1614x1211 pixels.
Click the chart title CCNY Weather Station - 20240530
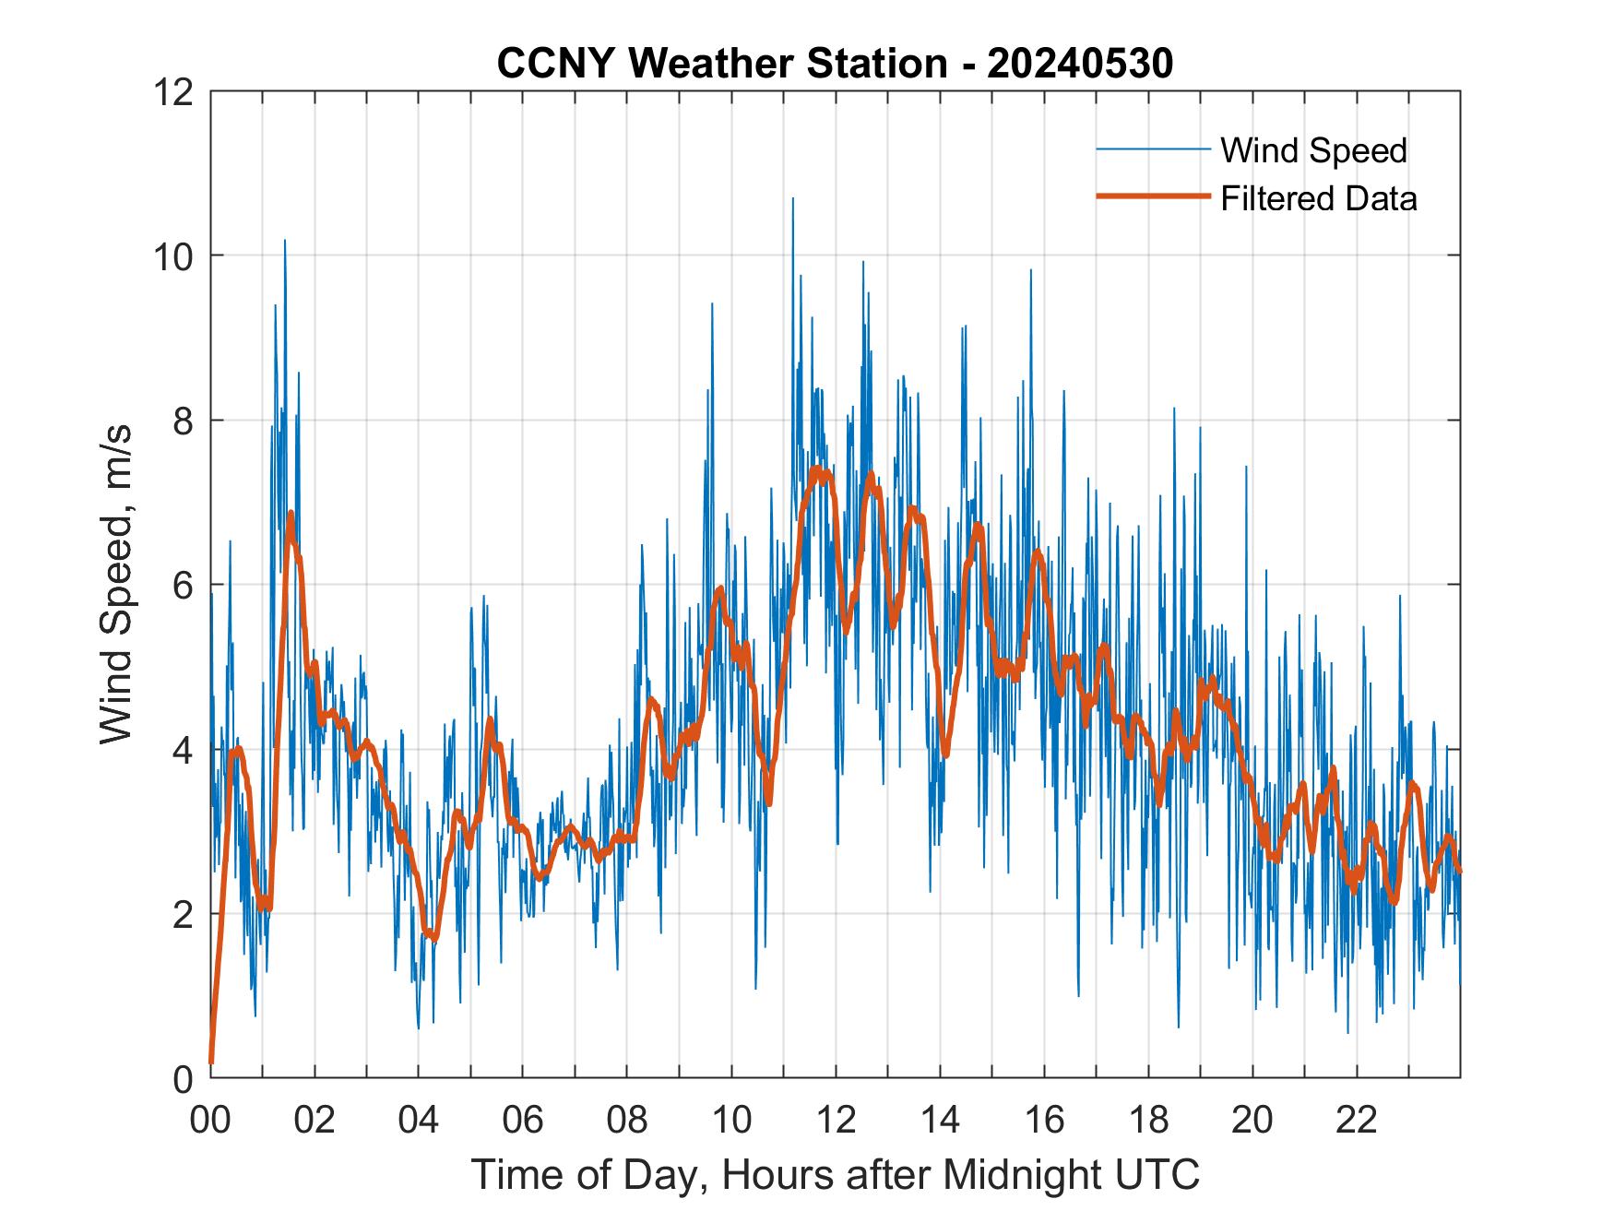click(x=835, y=64)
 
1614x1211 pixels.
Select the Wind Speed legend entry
click(x=1313, y=150)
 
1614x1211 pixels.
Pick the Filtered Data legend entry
click(x=1318, y=198)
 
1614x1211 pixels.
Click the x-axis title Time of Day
click(x=835, y=1174)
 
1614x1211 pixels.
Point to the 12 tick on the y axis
click(x=176, y=91)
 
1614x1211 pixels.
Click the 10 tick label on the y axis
click(x=176, y=255)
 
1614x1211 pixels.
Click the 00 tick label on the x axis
click(x=210, y=1120)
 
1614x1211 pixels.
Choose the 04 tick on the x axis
click(x=419, y=1120)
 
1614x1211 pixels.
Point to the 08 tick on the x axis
click(x=627, y=1120)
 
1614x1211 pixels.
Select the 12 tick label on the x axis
click(x=836, y=1120)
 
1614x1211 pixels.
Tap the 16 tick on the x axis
click(x=1044, y=1120)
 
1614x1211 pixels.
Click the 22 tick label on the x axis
click(x=1357, y=1120)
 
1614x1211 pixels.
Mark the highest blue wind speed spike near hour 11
click(x=792, y=199)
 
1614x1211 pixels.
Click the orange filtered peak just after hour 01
click(x=291, y=513)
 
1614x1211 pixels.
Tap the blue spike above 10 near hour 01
click(x=285, y=242)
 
